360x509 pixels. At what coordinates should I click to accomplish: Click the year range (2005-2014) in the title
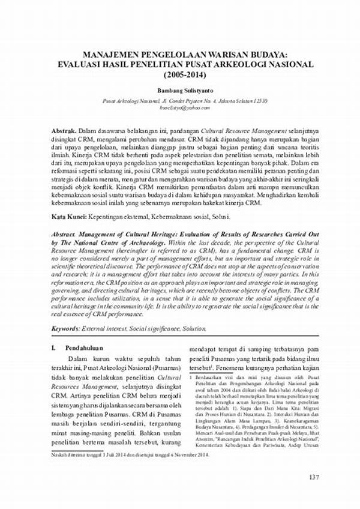pyautogui.click(x=184, y=74)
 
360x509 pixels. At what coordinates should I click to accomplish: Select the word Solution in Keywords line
pyautogui.click(x=192, y=328)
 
